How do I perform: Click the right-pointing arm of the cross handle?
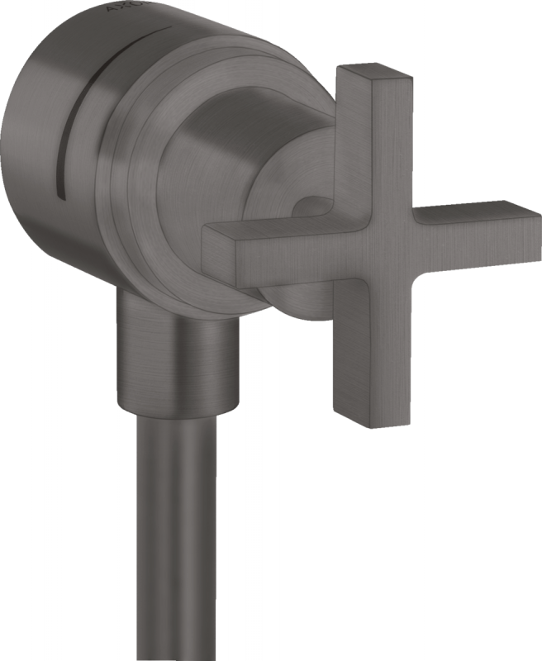[471, 227]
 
